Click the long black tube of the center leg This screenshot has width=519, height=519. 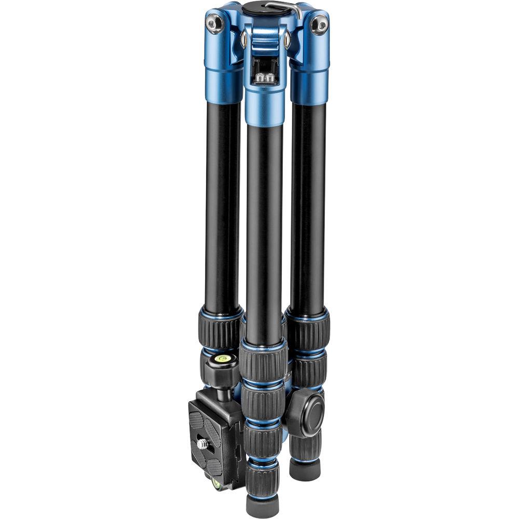click(x=265, y=234)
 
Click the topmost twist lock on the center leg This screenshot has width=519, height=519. click(x=263, y=362)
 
